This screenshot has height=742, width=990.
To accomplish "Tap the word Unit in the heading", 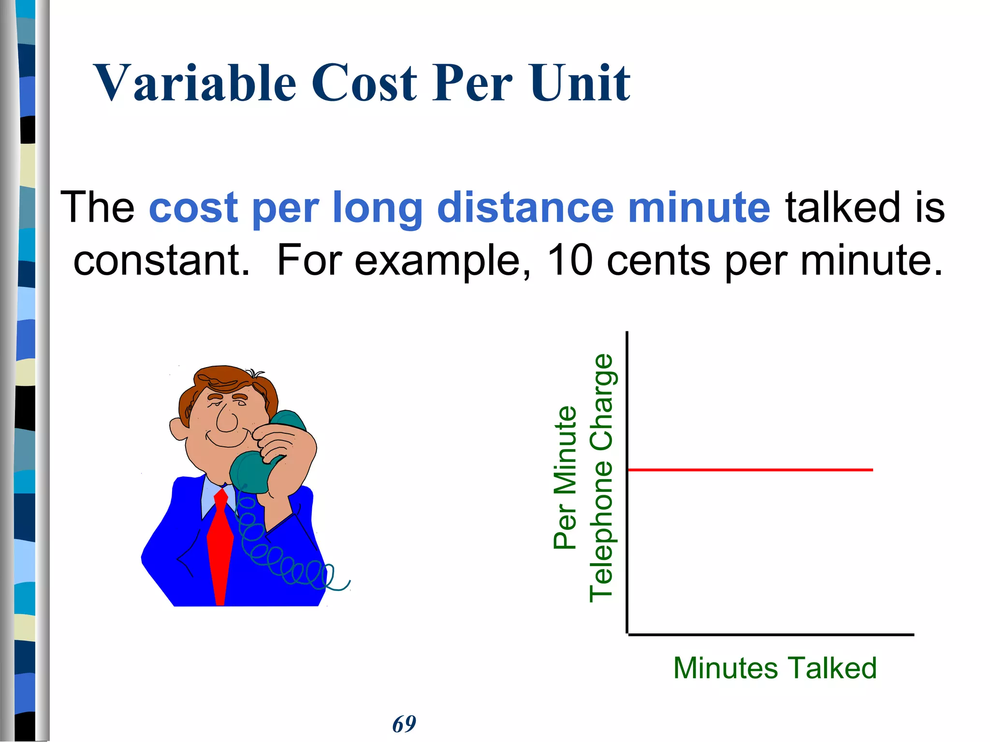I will pyautogui.click(x=580, y=83).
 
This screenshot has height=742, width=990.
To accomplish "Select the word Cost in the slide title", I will pyautogui.click(x=364, y=83).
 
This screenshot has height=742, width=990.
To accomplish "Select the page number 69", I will pyautogui.click(x=404, y=724).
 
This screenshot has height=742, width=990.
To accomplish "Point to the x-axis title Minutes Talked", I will pyautogui.click(x=775, y=668).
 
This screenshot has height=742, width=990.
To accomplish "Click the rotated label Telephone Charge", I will pyautogui.click(x=601, y=478).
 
